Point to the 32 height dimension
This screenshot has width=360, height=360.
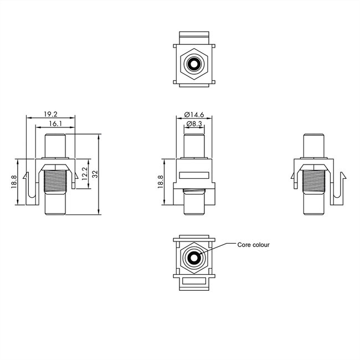point(95,174)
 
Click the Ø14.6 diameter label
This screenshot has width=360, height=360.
point(194,115)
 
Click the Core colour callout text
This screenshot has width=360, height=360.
point(253,244)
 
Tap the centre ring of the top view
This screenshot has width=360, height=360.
point(193,65)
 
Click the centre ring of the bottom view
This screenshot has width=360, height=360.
point(194,258)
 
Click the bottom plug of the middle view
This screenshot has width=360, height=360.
point(194,205)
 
